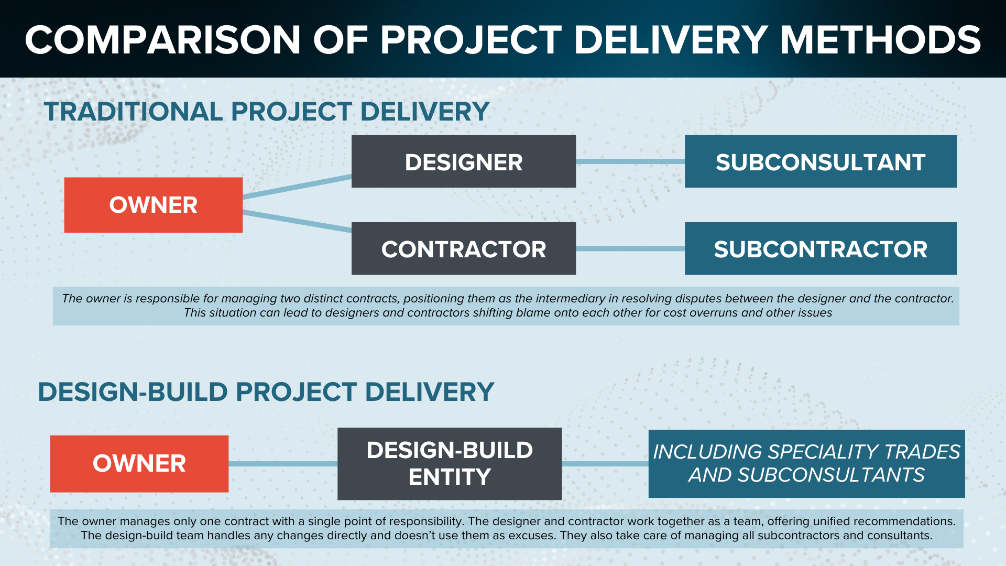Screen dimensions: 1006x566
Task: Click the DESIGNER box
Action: (464, 161)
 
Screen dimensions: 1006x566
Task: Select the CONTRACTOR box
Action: (464, 248)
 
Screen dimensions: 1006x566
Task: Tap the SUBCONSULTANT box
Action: (821, 161)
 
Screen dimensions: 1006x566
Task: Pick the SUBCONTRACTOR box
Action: (821, 248)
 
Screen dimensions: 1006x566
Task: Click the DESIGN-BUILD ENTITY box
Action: (450, 464)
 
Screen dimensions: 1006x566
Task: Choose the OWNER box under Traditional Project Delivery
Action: (154, 205)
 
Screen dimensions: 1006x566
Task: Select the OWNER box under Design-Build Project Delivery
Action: (139, 464)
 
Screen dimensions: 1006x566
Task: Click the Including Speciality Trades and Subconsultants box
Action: (807, 464)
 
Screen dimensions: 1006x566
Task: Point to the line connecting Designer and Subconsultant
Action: (630, 161)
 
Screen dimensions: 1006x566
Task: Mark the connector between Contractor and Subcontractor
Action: (630, 248)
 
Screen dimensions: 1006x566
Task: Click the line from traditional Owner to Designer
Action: (297, 187)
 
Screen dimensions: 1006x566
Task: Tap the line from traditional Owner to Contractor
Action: (297, 221)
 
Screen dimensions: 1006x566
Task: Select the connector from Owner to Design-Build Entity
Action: (283, 464)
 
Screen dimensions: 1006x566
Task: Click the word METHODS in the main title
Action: (880, 40)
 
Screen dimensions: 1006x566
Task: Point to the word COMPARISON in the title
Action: (162, 40)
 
